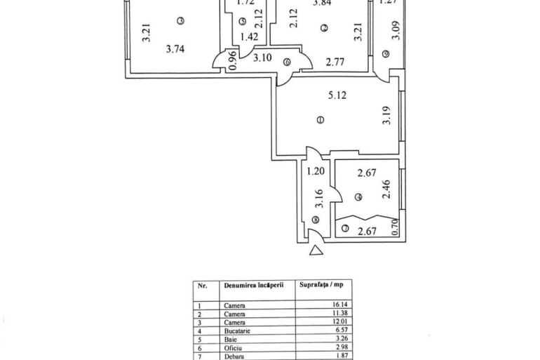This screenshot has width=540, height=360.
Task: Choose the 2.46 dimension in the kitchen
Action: tap(385, 191)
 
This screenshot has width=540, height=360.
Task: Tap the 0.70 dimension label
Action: tap(394, 226)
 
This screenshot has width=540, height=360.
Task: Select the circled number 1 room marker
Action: tap(320, 120)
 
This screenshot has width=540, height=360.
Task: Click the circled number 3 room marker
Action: tap(180, 21)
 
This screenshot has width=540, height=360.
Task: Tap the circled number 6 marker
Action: tap(287, 62)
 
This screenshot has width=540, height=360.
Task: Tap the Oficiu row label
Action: tap(234, 346)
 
